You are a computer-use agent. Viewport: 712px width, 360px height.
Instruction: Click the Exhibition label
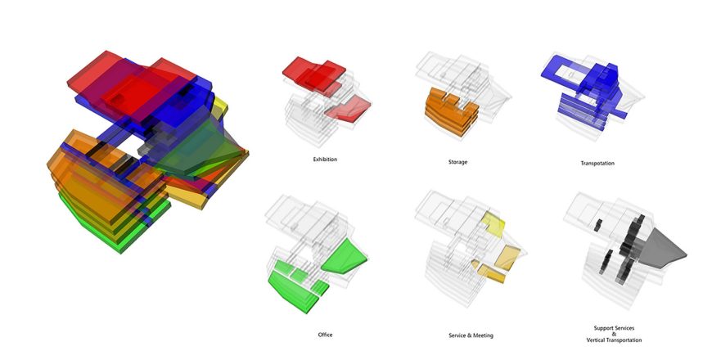pyautogui.click(x=325, y=160)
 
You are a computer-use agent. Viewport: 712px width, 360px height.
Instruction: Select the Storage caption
pyautogui.click(x=457, y=162)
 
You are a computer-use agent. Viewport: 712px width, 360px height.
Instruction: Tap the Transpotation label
pyautogui.click(x=597, y=163)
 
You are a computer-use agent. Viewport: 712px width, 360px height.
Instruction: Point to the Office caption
pyautogui.click(x=325, y=335)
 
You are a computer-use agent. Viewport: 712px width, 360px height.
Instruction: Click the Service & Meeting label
pyautogui.click(x=471, y=335)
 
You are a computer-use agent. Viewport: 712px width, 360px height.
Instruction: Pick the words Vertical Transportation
pyautogui.click(x=614, y=340)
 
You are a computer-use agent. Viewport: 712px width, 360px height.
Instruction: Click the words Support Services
pyautogui.click(x=614, y=328)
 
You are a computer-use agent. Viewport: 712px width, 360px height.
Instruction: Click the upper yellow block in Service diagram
pyautogui.click(x=493, y=224)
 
